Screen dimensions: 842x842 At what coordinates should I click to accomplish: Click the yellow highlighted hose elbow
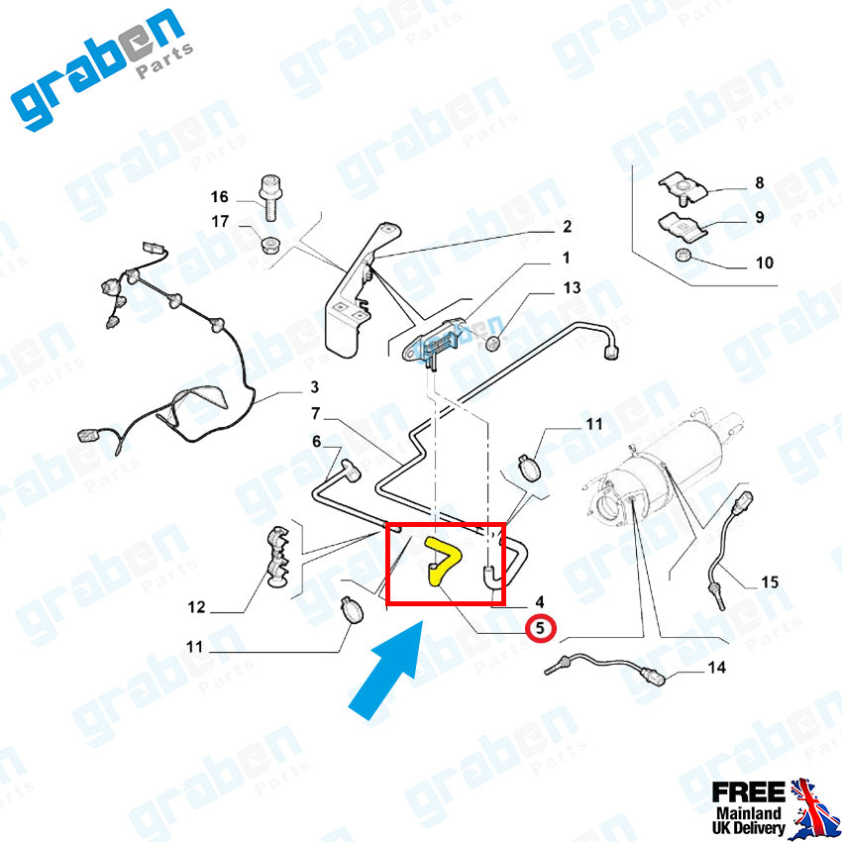point(439,562)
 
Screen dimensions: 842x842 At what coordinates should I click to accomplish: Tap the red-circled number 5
point(540,627)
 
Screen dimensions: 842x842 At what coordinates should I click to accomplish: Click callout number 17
point(219,222)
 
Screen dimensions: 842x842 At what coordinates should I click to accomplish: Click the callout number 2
point(567,227)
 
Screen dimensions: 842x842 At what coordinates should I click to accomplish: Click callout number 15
point(770,581)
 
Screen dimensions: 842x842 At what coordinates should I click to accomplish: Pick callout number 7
point(315,413)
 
